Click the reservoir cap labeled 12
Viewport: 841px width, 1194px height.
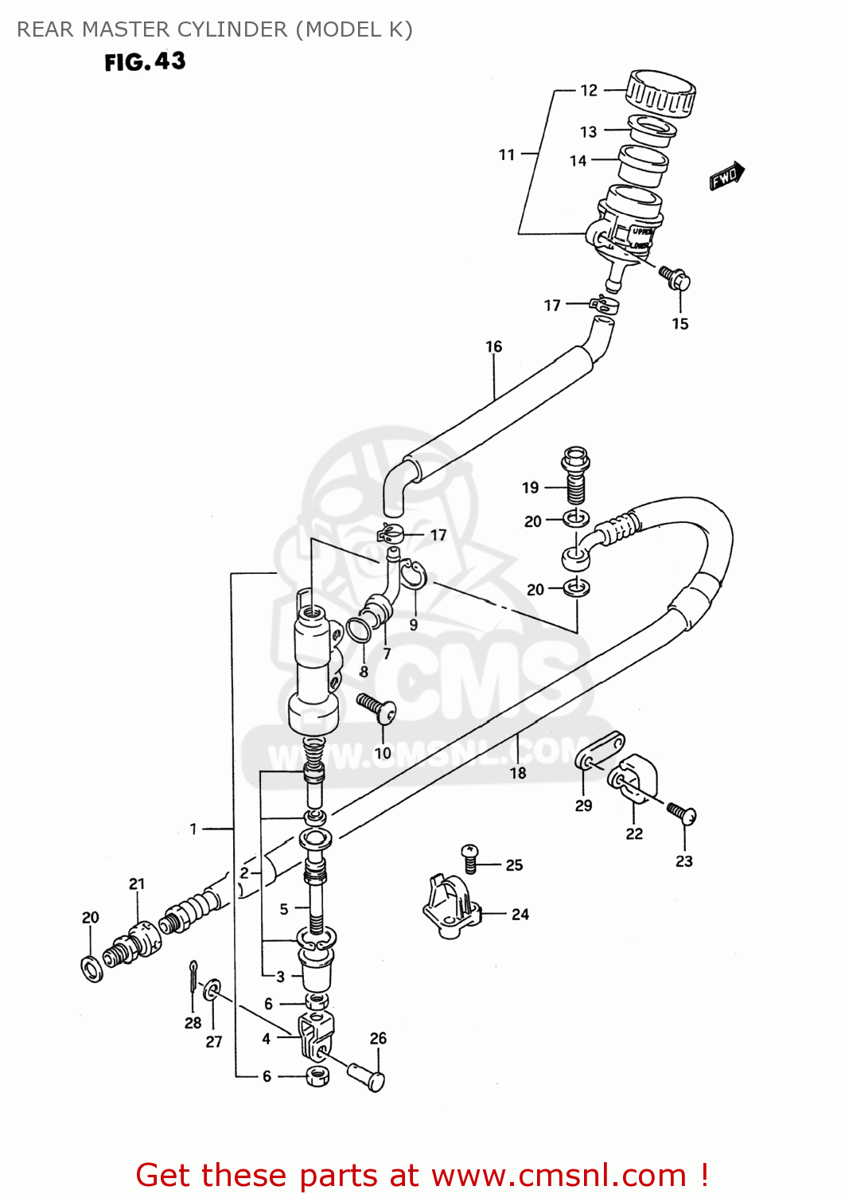[660, 92]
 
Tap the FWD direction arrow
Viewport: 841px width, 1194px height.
[727, 176]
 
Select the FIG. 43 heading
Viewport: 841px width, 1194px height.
[145, 62]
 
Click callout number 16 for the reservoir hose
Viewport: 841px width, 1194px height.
[493, 346]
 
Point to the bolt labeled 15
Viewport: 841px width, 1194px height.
[676, 278]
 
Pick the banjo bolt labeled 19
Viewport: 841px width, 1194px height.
[574, 476]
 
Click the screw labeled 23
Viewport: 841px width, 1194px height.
[682, 814]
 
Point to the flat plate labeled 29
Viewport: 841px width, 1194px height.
[601, 751]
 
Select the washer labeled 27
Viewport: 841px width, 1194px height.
[212, 990]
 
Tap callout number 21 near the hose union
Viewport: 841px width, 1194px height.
[137, 884]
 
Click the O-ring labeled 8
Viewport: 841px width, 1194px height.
[359, 629]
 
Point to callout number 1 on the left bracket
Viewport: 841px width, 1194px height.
[193, 829]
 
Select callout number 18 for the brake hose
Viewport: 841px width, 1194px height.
[518, 772]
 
